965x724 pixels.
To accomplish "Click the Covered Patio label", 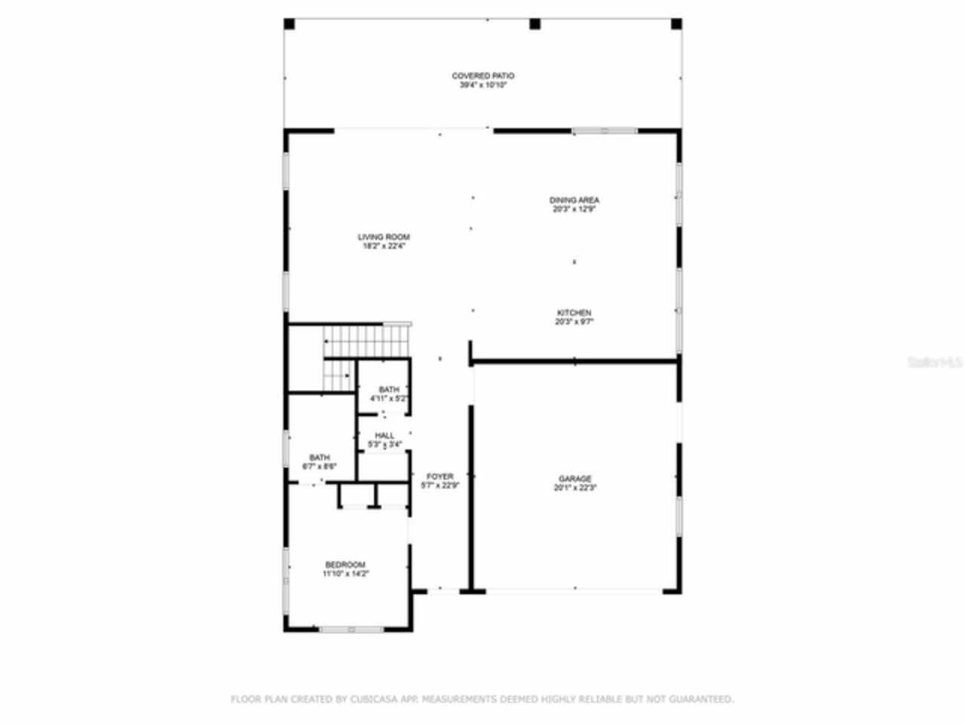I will (482, 75).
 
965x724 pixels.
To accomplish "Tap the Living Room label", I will (384, 237).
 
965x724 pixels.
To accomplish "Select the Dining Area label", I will (574, 200).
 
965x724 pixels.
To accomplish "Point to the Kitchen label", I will (574, 312).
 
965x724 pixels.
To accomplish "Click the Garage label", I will (574, 478).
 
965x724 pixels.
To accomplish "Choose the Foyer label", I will (440, 476).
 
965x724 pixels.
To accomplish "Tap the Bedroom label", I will (345, 564).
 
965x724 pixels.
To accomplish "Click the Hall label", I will (384, 435).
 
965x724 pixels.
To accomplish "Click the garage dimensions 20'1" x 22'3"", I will (574, 488).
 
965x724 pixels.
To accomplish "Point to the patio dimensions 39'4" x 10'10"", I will (482, 85).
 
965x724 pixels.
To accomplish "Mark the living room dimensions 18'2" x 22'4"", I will (384, 246).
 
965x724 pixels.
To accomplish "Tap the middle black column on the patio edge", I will (535, 24).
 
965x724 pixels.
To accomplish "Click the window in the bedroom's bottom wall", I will (351, 629).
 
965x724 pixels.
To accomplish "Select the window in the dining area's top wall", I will (604, 131).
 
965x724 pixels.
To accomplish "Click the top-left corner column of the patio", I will (289, 24).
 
